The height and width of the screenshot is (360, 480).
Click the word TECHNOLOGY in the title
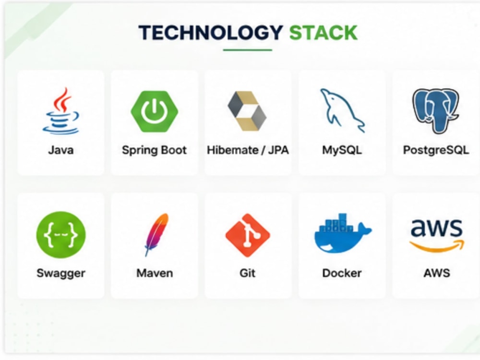point(211,33)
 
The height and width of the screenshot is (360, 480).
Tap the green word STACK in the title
point(323,33)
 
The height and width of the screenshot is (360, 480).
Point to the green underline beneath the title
point(247,49)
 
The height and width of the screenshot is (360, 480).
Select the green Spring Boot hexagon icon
point(154,111)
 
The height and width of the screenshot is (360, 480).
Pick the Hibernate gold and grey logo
point(247,111)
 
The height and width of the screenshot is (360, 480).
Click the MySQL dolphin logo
point(342,110)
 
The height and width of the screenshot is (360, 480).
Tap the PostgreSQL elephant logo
point(436,111)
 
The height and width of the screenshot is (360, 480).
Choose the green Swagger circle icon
point(61,235)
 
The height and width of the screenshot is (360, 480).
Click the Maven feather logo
point(156,235)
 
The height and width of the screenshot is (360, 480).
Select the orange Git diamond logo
point(248,235)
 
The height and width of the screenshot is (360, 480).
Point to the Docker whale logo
point(343,233)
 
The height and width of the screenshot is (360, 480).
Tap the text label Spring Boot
point(154,150)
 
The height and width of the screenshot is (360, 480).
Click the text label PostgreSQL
point(436,150)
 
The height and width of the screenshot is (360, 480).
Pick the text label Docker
point(342,273)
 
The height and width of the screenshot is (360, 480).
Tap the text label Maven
point(155,273)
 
